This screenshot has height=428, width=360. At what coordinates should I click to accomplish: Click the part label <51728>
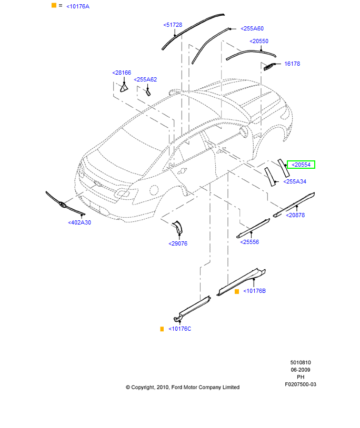[x=173, y=25]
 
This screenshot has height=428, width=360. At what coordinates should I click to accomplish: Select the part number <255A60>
[x=252, y=29]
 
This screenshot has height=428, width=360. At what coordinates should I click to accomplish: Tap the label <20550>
[x=259, y=41]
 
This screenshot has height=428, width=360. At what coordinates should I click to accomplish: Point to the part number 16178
[x=292, y=64]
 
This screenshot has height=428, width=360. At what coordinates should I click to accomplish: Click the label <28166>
[x=122, y=73]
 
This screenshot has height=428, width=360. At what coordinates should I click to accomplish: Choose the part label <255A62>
[x=145, y=79]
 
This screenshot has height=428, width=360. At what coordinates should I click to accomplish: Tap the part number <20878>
[x=295, y=215]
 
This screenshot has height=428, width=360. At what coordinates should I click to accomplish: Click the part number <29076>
[x=178, y=243]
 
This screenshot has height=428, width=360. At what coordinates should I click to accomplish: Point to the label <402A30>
[x=79, y=222]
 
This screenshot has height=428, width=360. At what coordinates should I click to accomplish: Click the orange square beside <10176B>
[x=237, y=291]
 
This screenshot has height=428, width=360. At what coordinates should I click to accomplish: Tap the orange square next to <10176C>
[x=163, y=329]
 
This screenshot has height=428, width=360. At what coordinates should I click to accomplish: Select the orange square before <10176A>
[x=54, y=5]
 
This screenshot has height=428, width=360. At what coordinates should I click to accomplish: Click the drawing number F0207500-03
[x=301, y=384]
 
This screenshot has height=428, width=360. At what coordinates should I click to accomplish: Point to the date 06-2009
[x=301, y=370]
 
